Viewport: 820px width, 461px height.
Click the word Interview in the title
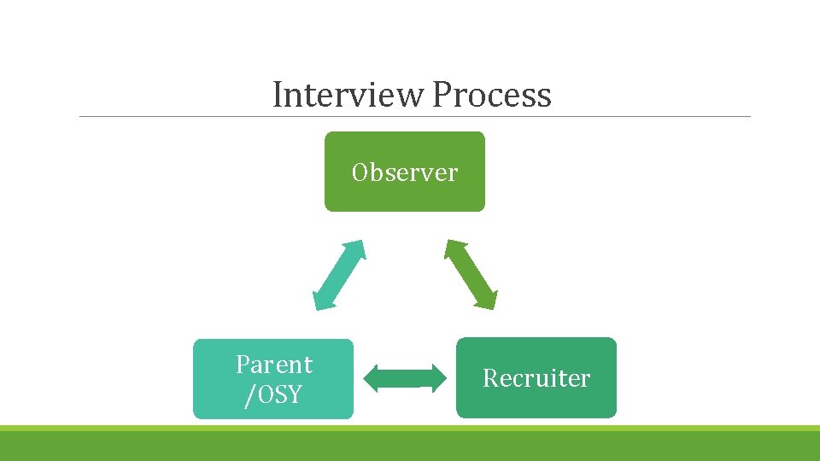349,95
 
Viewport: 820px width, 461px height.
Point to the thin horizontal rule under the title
414,117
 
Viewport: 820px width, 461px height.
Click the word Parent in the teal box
274,365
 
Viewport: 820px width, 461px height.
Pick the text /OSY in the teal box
273,394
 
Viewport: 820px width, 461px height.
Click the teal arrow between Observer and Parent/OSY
339,275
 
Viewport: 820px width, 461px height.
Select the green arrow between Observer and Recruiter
470,275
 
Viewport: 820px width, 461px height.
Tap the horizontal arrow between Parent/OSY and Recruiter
406,378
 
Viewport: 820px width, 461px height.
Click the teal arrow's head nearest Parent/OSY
320,301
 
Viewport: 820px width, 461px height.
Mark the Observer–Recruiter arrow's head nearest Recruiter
489,301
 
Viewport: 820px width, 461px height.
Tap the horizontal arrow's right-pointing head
438,378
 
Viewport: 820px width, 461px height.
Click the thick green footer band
410,446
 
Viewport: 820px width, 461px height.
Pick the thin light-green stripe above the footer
410,428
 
